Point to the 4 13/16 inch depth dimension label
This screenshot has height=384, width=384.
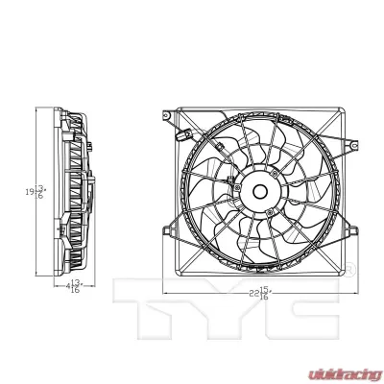point(73,285)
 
